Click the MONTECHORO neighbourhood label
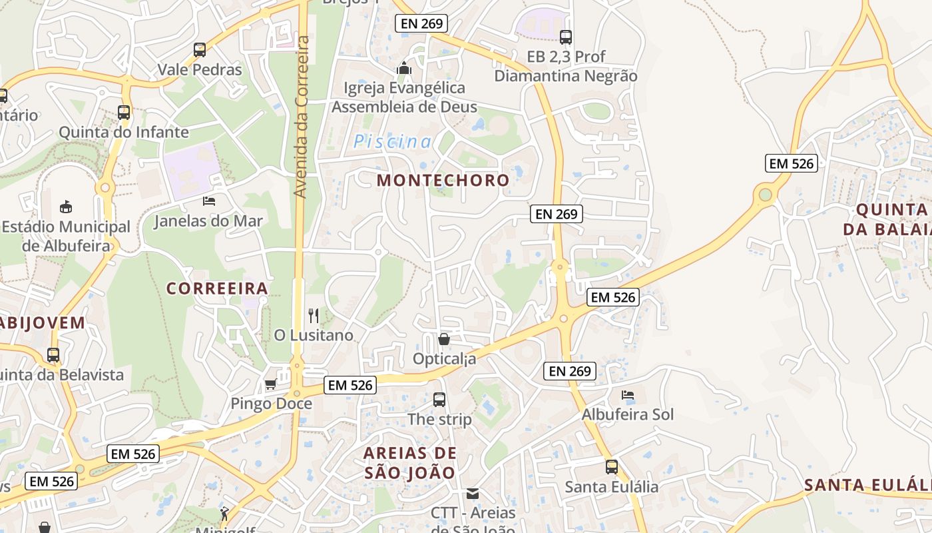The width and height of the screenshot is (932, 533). [x=443, y=180]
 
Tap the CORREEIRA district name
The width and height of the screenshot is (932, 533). [x=217, y=288]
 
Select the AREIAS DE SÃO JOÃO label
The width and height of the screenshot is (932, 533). [x=410, y=463]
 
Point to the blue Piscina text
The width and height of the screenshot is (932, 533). [x=392, y=141]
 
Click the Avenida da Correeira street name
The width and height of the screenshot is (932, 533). [x=301, y=117]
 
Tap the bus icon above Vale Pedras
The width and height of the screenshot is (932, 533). [x=199, y=49]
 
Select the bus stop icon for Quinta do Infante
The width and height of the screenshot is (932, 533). [x=124, y=112]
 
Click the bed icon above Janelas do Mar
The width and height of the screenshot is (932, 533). [x=209, y=201]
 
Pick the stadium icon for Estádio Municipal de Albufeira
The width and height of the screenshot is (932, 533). [x=65, y=207]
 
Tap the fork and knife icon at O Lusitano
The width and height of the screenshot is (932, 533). [x=314, y=315]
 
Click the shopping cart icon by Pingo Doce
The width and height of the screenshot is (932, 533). [x=270, y=384]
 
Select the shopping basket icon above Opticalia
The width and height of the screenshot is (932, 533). [x=444, y=339]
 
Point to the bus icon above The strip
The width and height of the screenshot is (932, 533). [x=439, y=400]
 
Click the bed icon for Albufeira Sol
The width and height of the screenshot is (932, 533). [x=627, y=395]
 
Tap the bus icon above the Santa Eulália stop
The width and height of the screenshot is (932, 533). [x=611, y=467]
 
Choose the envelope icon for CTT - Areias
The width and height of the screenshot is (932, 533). [x=473, y=494]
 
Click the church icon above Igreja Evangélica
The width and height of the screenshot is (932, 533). [x=403, y=68]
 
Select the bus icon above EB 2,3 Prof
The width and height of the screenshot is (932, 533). [x=566, y=37]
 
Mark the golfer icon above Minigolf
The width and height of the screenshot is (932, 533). [x=224, y=514]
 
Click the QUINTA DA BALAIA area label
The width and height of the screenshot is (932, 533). [x=891, y=220]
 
